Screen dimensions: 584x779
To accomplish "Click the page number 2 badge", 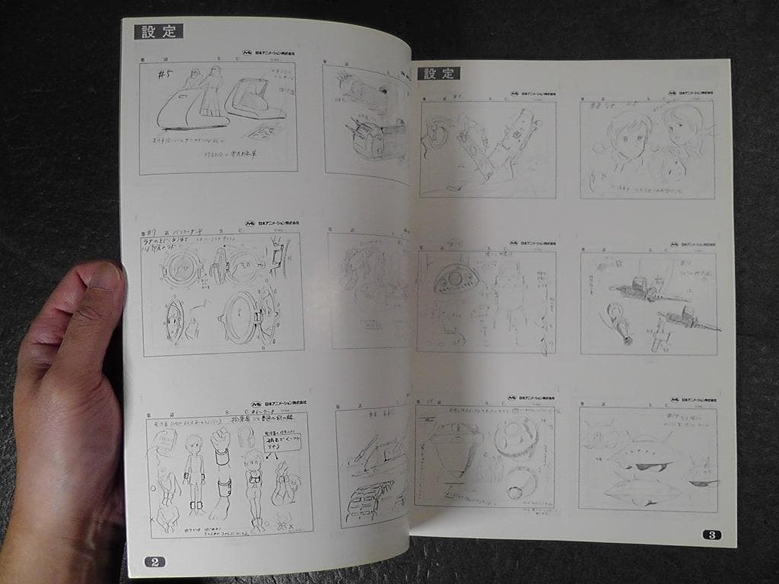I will coord(154,562).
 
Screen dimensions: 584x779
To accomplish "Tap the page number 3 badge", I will coord(711,534).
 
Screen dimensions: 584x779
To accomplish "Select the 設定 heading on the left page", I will coord(158,31).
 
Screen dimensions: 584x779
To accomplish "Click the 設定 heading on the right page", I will coord(438,73).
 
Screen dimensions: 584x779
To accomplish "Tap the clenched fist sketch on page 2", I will coord(221,439).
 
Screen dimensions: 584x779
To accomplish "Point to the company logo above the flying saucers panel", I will coord(676,398).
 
